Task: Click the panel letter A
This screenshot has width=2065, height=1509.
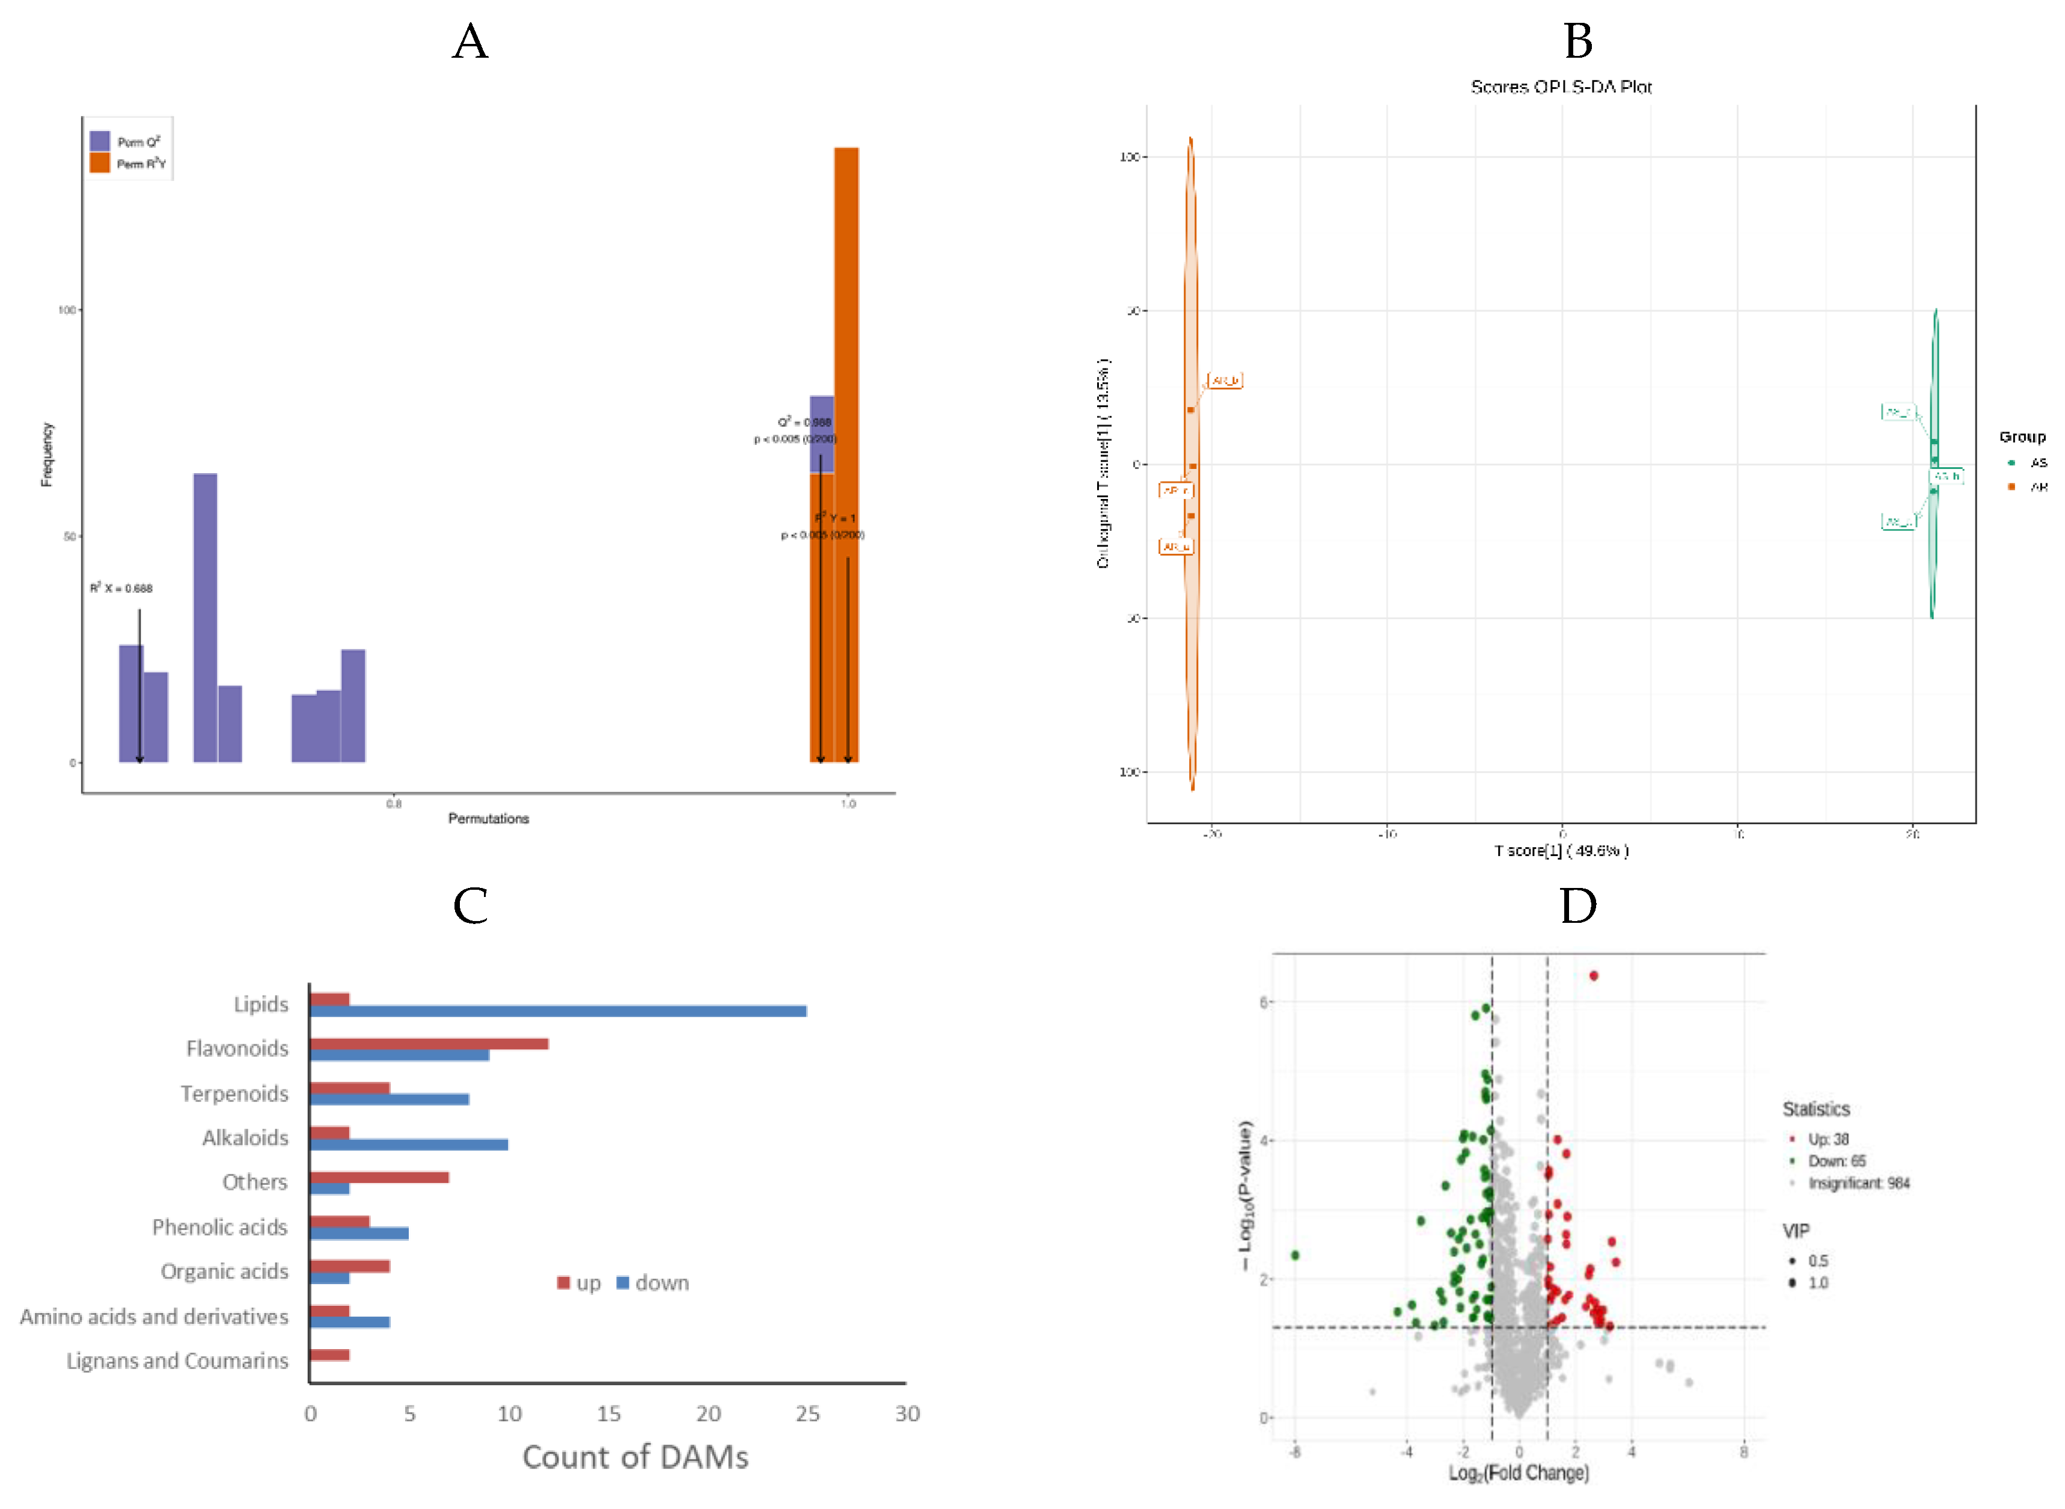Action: [x=470, y=42]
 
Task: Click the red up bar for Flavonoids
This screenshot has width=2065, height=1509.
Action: [x=429, y=1043]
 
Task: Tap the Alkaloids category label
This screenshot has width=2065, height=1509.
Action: [x=245, y=1137]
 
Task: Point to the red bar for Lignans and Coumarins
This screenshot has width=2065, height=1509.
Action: [x=329, y=1354]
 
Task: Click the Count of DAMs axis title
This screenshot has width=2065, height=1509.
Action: [x=635, y=1457]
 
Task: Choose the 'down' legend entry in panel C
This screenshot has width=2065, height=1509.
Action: [x=652, y=1282]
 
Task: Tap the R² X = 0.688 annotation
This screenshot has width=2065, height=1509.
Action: [x=121, y=588]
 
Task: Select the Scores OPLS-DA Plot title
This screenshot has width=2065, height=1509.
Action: [x=1560, y=87]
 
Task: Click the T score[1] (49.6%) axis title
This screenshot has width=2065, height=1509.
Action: [x=1560, y=851]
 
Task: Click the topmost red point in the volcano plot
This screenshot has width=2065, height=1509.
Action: [x=1593, y=976]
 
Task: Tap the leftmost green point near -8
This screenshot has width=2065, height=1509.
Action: [x=1294, y=1255]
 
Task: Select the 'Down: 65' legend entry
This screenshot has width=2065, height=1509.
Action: [x=1836, y=1161]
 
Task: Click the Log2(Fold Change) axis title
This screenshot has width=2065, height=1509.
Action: [x=1518, y=1472]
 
